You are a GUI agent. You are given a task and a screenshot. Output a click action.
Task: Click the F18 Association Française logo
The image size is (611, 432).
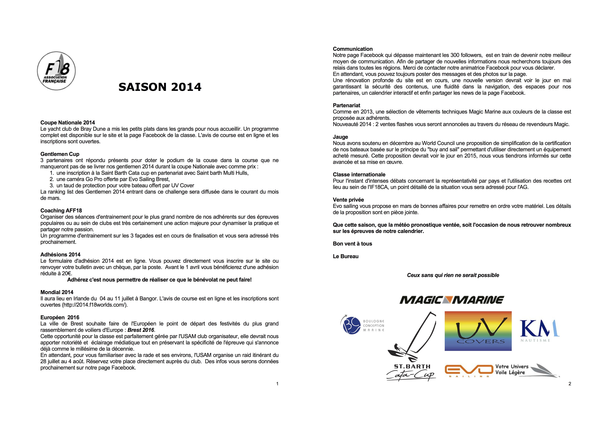(x=56, y=71)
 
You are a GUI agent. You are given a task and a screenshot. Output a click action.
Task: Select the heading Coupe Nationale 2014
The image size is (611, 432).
(x=68, y=122)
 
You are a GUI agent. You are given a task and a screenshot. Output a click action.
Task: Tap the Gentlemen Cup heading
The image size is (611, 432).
(x=60, y=154)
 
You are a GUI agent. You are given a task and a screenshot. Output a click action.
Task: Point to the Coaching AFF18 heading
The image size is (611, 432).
(x=61, y=210)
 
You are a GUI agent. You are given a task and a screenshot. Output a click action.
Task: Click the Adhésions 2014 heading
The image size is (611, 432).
(x=60, y=254)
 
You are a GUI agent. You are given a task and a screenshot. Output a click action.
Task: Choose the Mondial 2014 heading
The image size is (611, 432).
(x=57, y=292)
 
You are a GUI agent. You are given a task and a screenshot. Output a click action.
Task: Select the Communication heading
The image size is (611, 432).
(x=353, y=49)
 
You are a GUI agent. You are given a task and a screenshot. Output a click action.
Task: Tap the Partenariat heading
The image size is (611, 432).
(x=346, y=105)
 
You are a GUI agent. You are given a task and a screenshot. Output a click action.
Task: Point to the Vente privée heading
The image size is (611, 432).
(x=348, y=200)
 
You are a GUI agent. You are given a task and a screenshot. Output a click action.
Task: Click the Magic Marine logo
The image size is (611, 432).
(x=452, y=300)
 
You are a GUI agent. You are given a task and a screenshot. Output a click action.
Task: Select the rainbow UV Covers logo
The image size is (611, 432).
(x=478, y=331)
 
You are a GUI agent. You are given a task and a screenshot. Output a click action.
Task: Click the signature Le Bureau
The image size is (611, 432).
(x=345, y=256)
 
